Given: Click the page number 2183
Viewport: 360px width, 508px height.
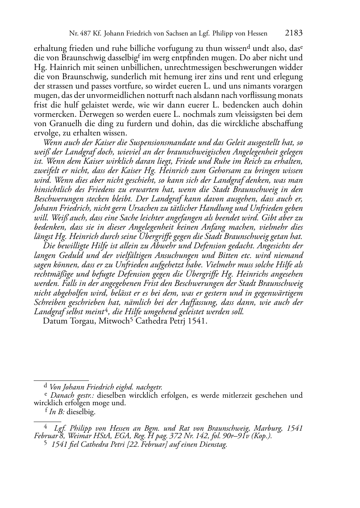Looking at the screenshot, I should (294, 33).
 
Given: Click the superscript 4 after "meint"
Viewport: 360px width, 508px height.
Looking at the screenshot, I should (106, 310).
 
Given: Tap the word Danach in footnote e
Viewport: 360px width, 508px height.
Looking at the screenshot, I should (62, 396).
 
